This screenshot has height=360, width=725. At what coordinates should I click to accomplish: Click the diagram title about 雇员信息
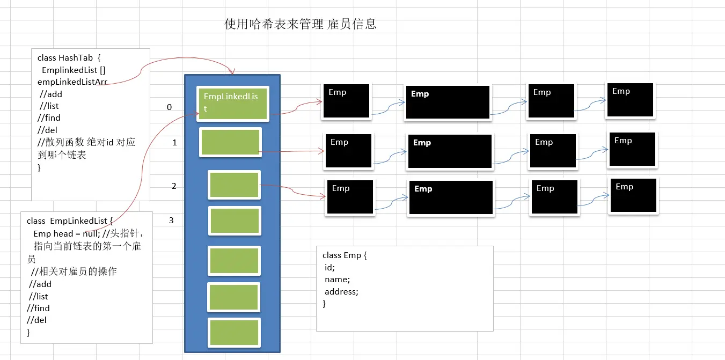pyautogui.click(x=301, y=25)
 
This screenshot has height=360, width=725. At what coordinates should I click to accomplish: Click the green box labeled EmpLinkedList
pyautogui.click(x=232, y=102)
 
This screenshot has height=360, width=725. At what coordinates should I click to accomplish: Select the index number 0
pyautogui.click(x=170, y=107)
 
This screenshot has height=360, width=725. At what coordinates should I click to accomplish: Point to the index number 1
pyautogui.click(x=174, y=143)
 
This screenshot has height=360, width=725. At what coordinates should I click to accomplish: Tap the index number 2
pyautogui.click(x=174, y=186)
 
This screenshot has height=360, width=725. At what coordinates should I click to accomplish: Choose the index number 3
pyautogui.click(x=171, y=220)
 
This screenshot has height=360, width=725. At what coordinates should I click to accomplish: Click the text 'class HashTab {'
pyautogui.click(x=65, y=57)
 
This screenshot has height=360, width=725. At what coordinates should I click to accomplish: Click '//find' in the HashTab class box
pyautogui.click(x=49, y=117)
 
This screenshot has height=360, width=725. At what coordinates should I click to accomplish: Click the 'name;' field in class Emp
pyautogui.click(x=337, y=280)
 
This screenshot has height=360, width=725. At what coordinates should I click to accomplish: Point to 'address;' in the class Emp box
pyautogui.click(x=341, y=292)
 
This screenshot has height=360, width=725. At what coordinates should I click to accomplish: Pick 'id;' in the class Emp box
pyautogui.click(x=329, y=267)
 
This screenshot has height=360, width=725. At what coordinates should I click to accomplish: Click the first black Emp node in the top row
pyautogui.click(x=346, y=101)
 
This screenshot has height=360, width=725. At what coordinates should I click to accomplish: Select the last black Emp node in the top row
pyautogui.click(x=630, y=100)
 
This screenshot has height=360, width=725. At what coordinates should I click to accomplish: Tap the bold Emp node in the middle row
pyautogui.click(x=450, y=151)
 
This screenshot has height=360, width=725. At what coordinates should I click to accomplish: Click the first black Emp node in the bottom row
pyautogui.click(x=350, y=197)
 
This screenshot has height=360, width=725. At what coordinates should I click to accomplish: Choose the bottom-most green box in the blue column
pyautogui.click(x=234, y=333)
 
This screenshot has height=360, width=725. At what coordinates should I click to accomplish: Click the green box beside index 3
pyautogui.click(x=234, y=221)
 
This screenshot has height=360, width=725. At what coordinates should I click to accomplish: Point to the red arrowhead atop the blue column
pyautogui.click(x=232, y=72)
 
